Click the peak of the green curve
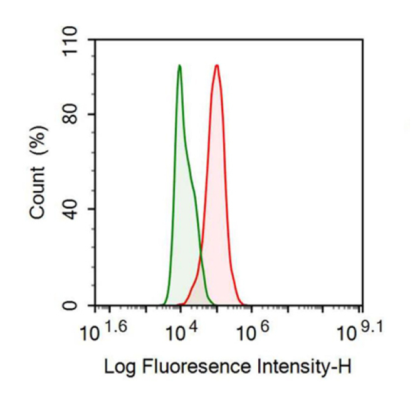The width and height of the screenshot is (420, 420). point(179,65)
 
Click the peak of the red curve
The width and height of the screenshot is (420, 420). point(216,65)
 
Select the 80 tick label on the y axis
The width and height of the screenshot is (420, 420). point(76,114)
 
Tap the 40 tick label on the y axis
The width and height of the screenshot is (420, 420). point(76,209)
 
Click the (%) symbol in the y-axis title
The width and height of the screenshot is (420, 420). point(39,141)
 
